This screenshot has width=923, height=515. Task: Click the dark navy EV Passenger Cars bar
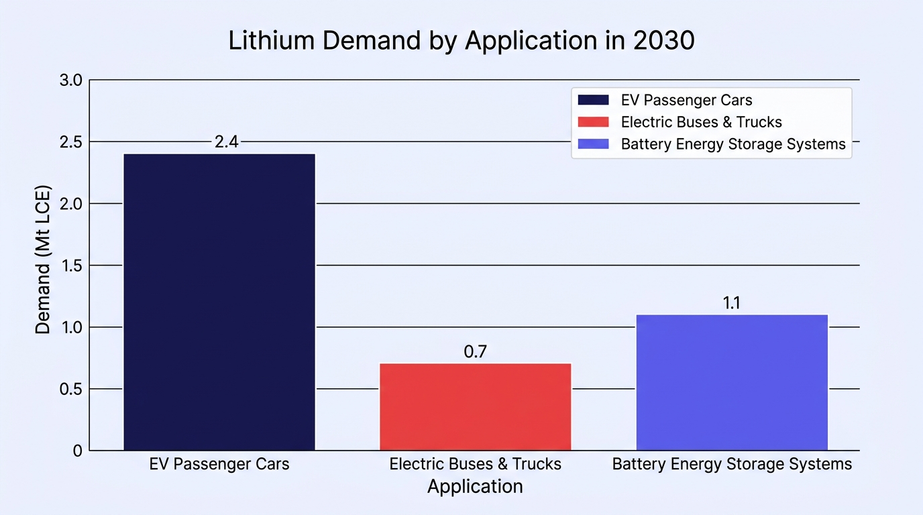tap(219, 302)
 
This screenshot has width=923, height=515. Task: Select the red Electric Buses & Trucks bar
tap(475, 406)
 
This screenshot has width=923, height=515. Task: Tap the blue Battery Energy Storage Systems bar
tap(732, 382)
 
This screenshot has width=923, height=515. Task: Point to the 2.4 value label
tap(226, 141)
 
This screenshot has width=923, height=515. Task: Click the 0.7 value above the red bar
tap(475, 351)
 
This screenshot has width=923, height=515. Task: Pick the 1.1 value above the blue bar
tap(731, 303)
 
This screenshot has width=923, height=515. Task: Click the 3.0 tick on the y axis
tap(71, 80)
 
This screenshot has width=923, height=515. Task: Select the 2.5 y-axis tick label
tap(71, 142)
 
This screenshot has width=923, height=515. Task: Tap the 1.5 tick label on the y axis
tap(72, 266)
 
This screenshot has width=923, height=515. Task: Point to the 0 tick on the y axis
tap(77, 451)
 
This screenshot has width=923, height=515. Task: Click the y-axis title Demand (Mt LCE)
tap(42, 260)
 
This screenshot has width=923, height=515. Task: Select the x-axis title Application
tap(475, 487)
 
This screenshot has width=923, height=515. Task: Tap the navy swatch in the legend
tap(593, 100)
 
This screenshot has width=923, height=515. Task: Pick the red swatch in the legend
tap(593, 122)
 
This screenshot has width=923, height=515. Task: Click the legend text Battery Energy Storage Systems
tap(733, 144)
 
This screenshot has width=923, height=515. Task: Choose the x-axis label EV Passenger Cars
tap(219, 464)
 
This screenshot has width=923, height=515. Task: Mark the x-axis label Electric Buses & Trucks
tap(475, 464)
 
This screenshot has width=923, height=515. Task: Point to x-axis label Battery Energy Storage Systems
tap(732, 464)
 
